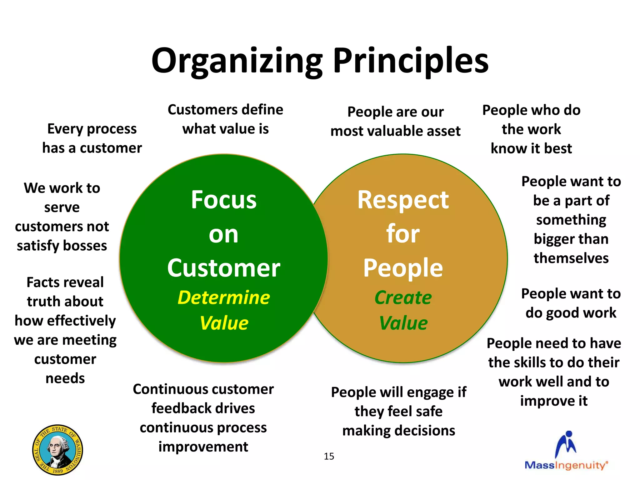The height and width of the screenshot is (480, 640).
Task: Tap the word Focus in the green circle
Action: pyautogui.click(x=224, y=200)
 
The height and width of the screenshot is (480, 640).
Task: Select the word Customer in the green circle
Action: pyautogui.click(x=224, y=268)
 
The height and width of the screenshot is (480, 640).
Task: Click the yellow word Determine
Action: pyautogui.click(x=224, y=297)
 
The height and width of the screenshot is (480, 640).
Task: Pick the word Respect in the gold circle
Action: pyautogui.click(x=403, y=200)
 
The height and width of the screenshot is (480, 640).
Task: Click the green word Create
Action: pyautogui.click(x=403, y=297)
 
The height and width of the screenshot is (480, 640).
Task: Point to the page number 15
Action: pyautogui.click(x=329, y=457)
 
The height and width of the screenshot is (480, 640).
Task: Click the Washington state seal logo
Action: pyautogui.click(x=57, y=450)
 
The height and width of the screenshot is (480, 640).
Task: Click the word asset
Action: pyautogui.click(x=442, y=131)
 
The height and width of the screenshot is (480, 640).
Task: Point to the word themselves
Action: pyautogui.click(x=571, y=258)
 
